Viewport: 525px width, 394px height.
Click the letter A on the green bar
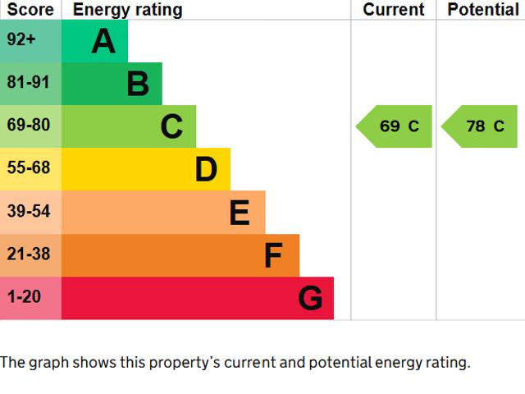(103, 41)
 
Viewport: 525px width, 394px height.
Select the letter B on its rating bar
(138, 84)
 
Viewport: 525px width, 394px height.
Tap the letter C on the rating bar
(171, 126)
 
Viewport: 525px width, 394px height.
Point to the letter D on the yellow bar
(206, 170)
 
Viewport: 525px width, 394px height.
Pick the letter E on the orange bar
(240, 213)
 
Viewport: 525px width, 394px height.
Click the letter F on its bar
(273, 256)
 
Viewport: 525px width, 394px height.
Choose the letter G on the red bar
(310, 299)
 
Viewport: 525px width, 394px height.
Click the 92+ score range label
(21, 39)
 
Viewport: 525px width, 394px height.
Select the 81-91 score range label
(29, 82)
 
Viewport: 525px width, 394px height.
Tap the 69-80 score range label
(29, 126)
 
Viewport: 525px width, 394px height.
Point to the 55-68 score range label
(29, 168)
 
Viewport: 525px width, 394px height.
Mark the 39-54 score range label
(29, 211)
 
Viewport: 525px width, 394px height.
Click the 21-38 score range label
(29, 254)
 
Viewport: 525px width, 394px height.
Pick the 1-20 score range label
(25, 297)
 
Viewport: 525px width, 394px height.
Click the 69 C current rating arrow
(395, 126)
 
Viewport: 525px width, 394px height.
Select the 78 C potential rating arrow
(480, 126)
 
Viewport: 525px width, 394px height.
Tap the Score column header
(30, 10)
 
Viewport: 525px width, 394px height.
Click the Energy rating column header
(127, 10)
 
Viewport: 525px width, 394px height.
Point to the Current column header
(394, 10)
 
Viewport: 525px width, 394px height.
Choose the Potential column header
(482, 10)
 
